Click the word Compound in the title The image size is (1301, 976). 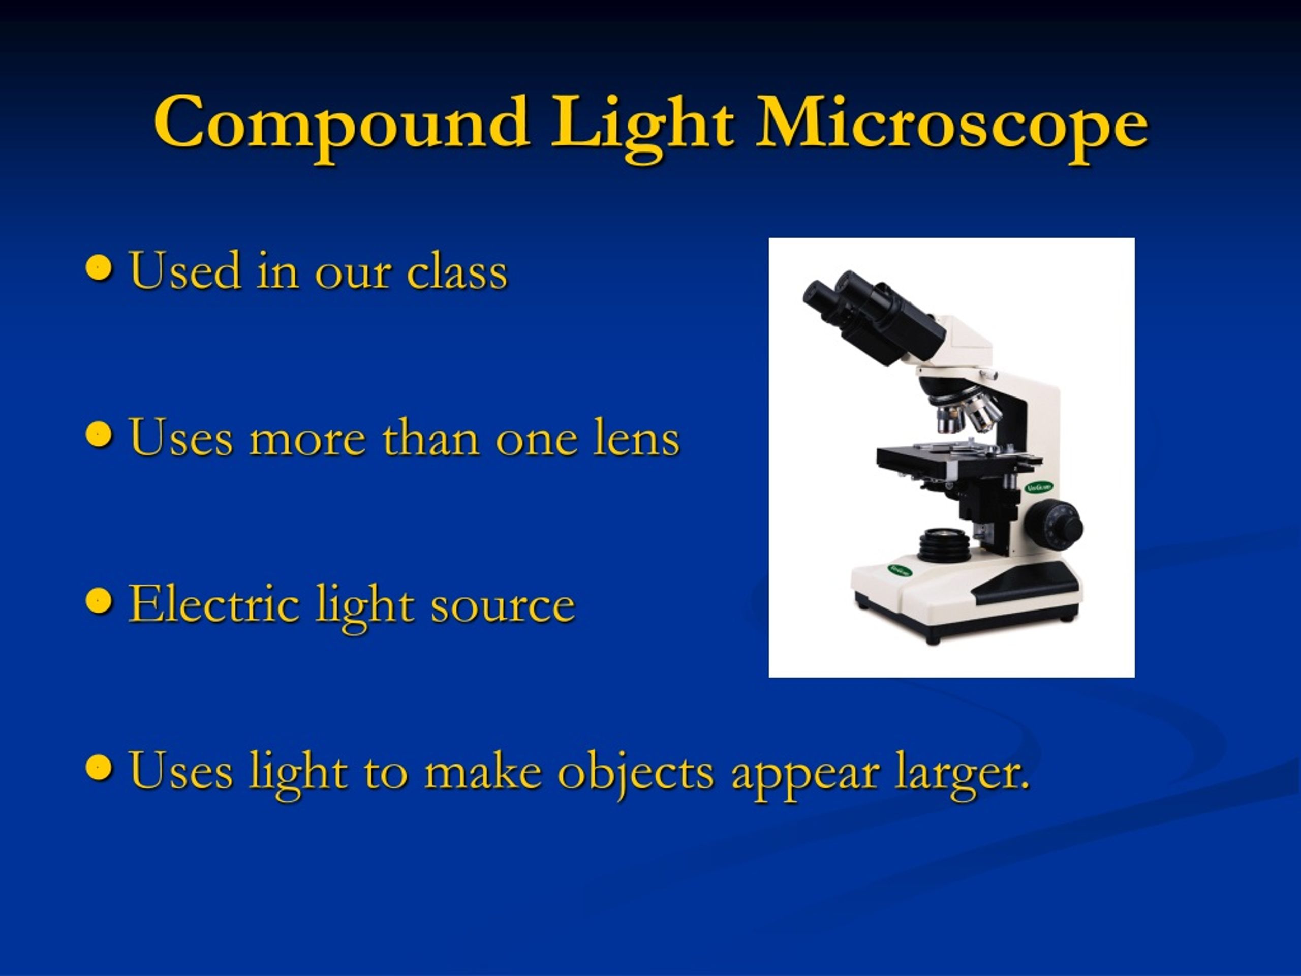tap(341, 125)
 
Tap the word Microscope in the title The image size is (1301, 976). tap(951, 125)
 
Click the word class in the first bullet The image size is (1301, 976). tap(457, 272)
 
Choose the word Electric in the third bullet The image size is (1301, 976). tap(213, 604)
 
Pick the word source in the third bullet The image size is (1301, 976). tap(503, 606)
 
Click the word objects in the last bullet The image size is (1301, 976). tap(635, 773)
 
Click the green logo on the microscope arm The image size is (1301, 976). tap(1039, 487)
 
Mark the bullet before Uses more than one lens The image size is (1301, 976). tap(98, 435)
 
